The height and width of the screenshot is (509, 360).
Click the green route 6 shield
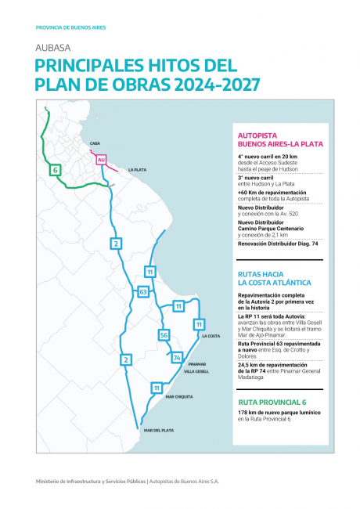coord(55,169)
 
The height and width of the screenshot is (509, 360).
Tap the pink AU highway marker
coord(101,159)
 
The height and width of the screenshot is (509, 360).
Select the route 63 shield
coord(142,291)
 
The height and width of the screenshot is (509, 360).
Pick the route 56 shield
coord(164,335)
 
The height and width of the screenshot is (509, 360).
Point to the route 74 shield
coord(178,358)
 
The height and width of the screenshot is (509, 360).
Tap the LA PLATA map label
coord(139,169)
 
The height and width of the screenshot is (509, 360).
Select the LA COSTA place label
coord(212,336)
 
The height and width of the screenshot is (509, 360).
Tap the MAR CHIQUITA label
coord(180,397)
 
